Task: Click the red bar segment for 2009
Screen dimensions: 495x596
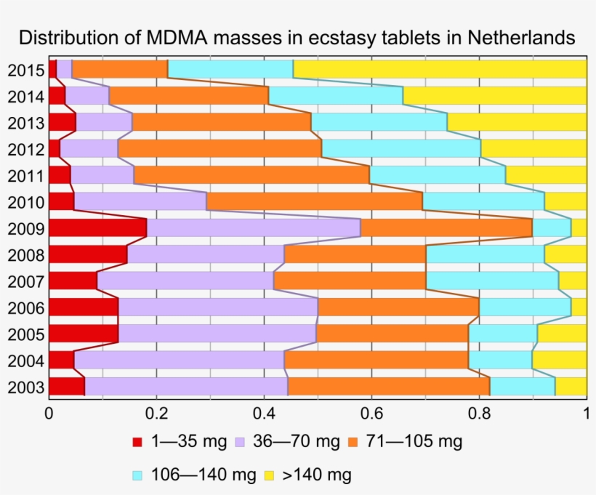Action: pos(97,228)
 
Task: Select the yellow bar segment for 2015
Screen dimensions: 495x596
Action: pos(440,69)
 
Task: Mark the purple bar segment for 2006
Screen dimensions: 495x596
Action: pos(218,307)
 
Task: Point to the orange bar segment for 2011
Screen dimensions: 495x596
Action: pos(251,175)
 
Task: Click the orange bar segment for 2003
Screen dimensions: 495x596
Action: pos(389,387)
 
